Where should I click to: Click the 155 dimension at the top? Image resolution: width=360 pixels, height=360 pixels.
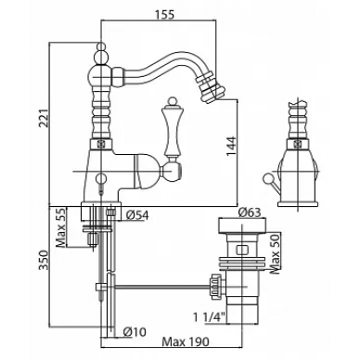(x=164, y=14)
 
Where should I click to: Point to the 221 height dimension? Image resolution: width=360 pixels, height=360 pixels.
(x=45, y=119)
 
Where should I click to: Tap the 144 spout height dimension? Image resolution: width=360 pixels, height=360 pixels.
(x=232, y=147)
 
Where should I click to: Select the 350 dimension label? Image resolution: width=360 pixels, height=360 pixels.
(x=45, y=260)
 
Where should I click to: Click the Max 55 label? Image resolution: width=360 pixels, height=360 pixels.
(x=61, y=227)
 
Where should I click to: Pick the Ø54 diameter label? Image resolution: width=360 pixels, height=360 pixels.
(x=137, y=215)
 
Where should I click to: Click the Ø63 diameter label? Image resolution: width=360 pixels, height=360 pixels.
(x=250, y=212)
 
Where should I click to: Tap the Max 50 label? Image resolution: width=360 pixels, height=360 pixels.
(x=275, y=253)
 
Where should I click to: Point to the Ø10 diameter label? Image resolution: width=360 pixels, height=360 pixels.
(x=135, y=332)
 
